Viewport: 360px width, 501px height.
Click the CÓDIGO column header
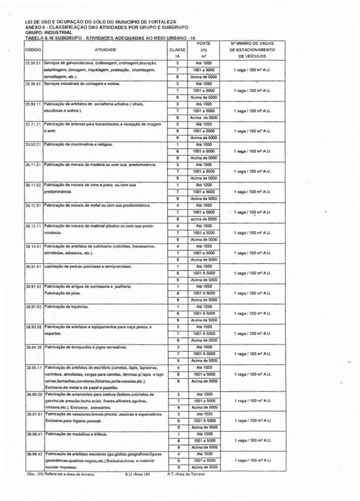pyautogui.click(x=32, y=50)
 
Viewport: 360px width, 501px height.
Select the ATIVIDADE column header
pyautogui.click(x=105, y=50)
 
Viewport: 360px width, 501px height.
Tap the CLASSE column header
pyautogui.click(x=177, y=50)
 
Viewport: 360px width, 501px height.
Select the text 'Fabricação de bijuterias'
pyautogui.click(x=66, y=307)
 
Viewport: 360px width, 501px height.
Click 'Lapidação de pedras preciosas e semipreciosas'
pyautogui.click(x=85, y=266)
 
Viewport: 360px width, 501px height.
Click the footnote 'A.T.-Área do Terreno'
pyautogui.click(x=186, y=474)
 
